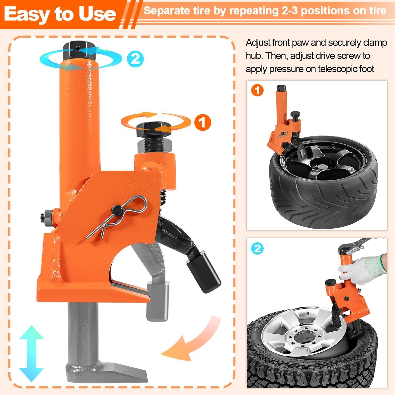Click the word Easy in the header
point(27,14)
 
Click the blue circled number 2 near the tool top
point(135,58)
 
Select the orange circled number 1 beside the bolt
point(203,122)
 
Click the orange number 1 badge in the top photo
point(257,91)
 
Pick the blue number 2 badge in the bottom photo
point(257,248)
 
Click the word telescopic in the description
point(338,69)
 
